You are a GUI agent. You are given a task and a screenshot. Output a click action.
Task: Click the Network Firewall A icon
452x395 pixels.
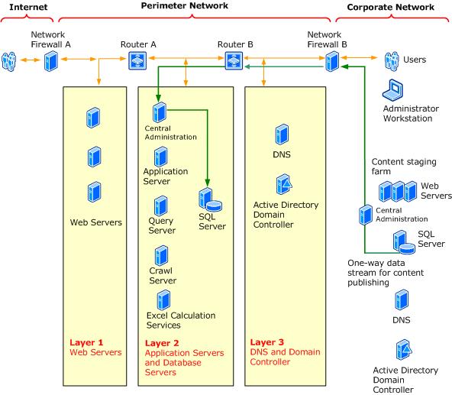(50, 60)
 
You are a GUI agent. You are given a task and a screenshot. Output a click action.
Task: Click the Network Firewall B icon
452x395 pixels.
(332, 60)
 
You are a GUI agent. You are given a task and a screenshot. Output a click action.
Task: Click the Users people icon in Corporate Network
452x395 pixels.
(392, 60)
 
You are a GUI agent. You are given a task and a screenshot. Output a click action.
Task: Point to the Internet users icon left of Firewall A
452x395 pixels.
(10, 60)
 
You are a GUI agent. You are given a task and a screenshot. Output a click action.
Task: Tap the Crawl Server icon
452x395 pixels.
(161, 255)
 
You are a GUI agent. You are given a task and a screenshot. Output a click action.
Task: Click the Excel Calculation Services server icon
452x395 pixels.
(161, 299)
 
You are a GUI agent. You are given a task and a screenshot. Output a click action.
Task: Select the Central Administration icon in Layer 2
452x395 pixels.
(160, 113)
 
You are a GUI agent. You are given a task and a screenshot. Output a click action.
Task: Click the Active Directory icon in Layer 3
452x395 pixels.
(283, 184)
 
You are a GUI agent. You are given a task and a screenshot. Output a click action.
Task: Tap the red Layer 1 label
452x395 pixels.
(86, 342)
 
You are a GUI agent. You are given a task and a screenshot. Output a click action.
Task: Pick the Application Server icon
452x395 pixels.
(161, 157)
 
